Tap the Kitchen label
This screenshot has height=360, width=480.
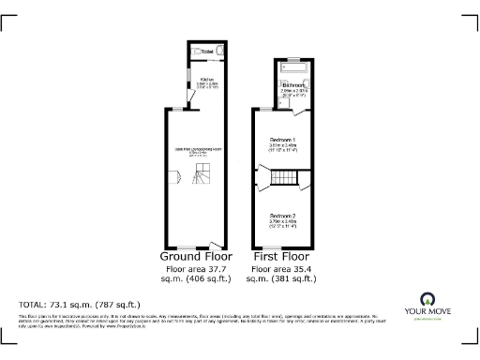206,80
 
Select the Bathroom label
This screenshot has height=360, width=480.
292,85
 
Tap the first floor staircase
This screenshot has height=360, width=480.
282,178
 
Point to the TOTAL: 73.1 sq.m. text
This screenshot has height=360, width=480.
81,305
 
